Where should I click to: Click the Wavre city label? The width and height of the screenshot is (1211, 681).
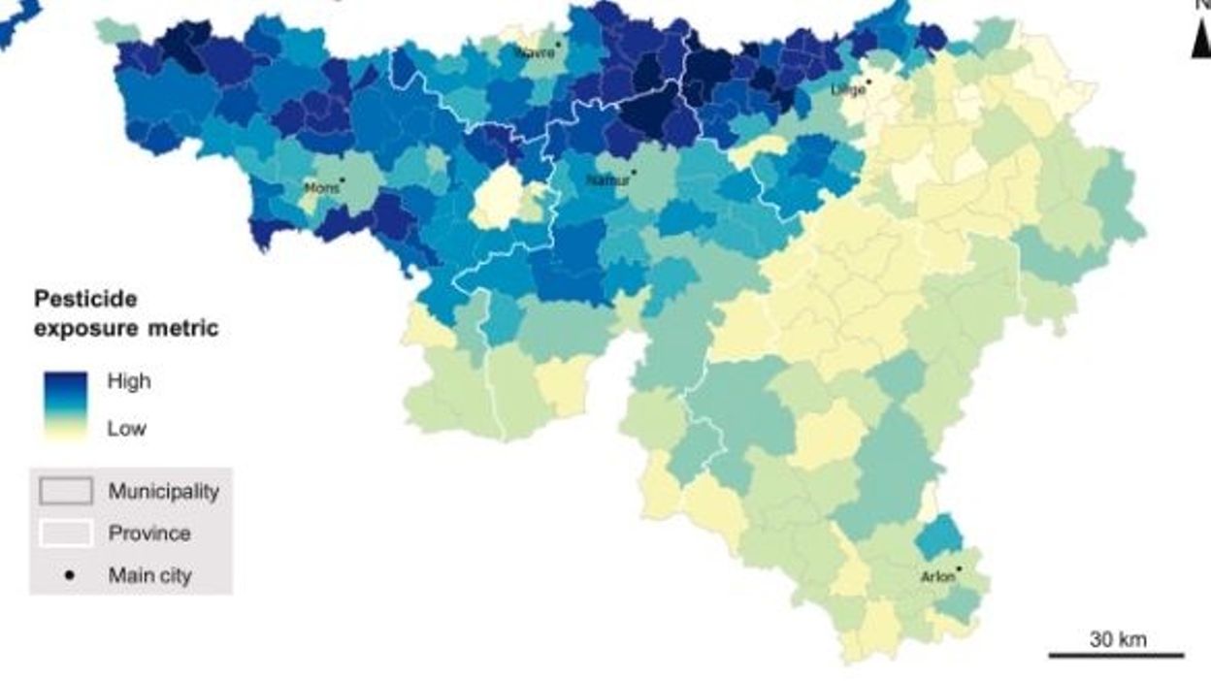[536, 52]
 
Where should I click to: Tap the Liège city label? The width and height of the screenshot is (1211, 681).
[848, 89]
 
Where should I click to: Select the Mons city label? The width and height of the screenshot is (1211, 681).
[321, 188]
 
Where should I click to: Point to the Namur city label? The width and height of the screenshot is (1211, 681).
[607, 180]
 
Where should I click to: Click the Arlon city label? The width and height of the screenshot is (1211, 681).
[937, 578]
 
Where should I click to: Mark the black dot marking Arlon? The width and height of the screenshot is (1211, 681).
[960, 569]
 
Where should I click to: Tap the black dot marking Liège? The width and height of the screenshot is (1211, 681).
[868, 81]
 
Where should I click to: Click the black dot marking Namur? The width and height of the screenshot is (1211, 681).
[634, 173]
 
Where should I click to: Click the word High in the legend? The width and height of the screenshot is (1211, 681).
[129, 381]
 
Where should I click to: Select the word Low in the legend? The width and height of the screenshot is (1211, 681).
[127, 429]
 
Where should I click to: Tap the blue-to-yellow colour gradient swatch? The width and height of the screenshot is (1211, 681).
[66, 405]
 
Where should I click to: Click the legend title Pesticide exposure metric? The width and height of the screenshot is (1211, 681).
[126, 313]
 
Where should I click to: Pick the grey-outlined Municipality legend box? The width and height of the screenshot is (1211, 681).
[66, 491]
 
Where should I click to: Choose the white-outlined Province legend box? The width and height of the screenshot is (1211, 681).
[66, 533]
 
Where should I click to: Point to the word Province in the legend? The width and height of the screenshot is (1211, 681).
[149, 534]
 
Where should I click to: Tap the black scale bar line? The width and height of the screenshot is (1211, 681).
[1116, 656]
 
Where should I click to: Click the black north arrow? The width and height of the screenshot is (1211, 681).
[1201, 42]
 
